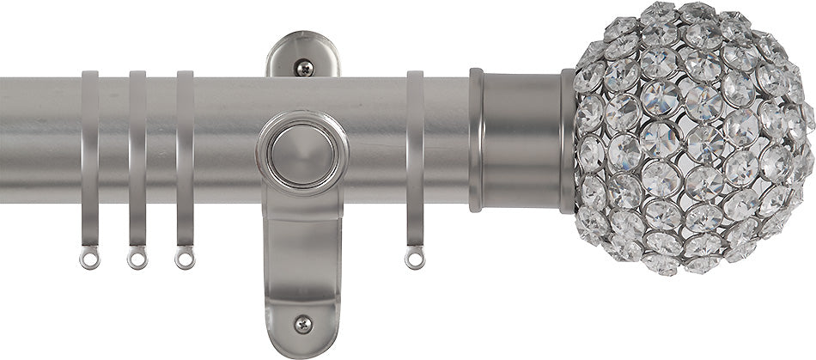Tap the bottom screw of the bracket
coord(302,323)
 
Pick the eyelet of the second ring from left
coord(137,257)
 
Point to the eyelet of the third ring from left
coord(184,257)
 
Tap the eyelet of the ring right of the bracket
coord(415,257)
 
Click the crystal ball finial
coord(691,137)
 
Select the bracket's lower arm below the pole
coord(302,258)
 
